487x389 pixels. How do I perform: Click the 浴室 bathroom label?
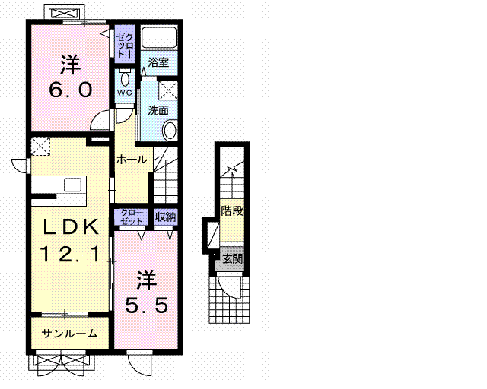click(x=158, y=62)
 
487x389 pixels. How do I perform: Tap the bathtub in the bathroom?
click(x=159, y=37)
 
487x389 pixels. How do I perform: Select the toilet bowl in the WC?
click(x=125, y=78)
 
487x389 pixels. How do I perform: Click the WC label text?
click(x=125, y=93)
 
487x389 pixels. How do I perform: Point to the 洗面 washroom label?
click(x=158, y=110)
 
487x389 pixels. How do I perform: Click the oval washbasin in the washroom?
click(x=170, y=130)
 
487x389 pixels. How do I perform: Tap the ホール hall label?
click(x=132, y=160)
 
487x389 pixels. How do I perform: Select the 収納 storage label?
click(x=166, y=217)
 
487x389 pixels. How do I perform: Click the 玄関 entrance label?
click(x=233, y=258)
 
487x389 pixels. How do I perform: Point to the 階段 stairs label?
click(x=232, y=211)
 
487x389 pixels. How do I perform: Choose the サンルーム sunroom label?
click(x=70, y=334)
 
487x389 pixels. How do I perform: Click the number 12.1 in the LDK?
click(x=70, y=254)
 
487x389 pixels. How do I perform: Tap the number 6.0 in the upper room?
click(x=71, y=90)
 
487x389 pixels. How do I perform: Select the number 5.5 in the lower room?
click(x=147, y=305)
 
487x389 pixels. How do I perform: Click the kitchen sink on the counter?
click(x=73, y=185)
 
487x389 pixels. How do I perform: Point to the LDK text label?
click(x=71, y=226)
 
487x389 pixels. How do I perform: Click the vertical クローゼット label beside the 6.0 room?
click(x=125, y=46)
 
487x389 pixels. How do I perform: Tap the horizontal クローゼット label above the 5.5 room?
click(x=132, y=217)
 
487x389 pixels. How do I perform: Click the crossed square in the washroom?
click(x=168, y=90)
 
